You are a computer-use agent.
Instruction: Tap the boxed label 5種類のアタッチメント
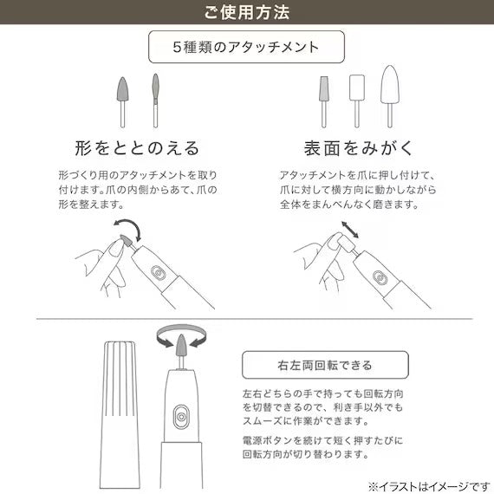(x=247, y=47)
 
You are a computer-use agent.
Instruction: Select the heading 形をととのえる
(x=125, y=146)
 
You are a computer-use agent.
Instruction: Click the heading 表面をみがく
(x=361, y=146)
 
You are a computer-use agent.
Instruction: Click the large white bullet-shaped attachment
(x=387, y=88)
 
